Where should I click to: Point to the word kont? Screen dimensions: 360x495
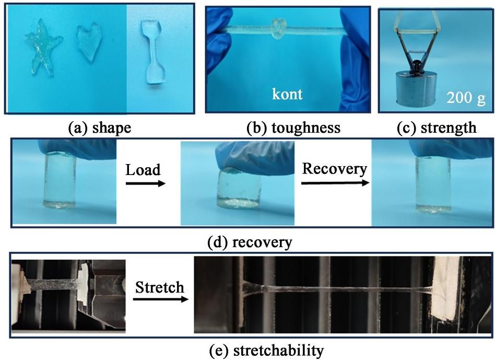click(x=287, y=95)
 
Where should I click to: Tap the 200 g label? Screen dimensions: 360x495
click(x=466, y=98)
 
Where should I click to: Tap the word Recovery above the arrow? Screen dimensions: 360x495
click(x=335, y=169)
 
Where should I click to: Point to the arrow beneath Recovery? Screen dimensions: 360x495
click(x=335, y=183)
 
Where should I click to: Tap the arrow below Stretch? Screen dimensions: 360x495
click(x=159, y=299)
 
